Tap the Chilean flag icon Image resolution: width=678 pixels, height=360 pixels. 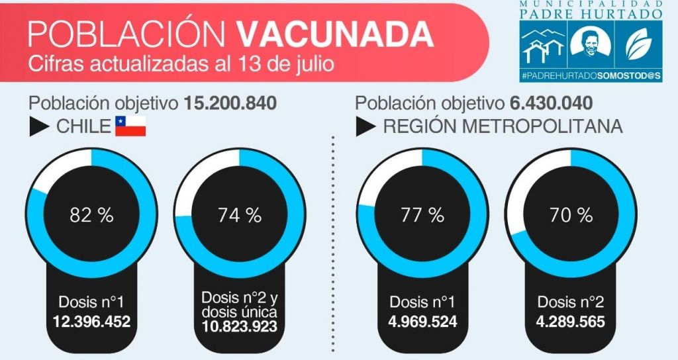pyautogui.click(x=130, y=126)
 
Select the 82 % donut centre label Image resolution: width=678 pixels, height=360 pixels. pyautogui.click(x=92, y=214)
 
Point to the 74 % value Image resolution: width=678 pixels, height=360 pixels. pyautogui.click(x=240, y=214)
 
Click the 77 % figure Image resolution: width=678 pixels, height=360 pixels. pyautogui.click(x=422, y=214)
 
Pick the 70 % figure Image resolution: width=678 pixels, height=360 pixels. pyautogui.click(x=571, y=214)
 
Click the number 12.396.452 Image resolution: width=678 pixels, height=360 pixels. pyautogui.click(x=92, y=322)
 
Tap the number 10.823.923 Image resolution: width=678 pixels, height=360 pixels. pyautogui.click(x=240, y=326)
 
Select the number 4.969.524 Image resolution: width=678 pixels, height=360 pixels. pyautogui.click(x=423, y=322)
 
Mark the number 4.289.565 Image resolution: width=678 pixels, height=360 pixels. pyautogui.click(x=571, y=322)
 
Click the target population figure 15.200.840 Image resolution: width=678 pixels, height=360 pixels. pyautogui.click(x=230, y=104)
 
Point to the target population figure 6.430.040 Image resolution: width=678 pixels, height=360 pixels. pyautogui.click(x=551, y=104)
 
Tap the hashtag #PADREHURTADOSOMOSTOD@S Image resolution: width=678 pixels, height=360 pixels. pyautogui.click(x=591, y=77)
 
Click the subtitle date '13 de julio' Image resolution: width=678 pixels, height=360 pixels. pyautogui.click(x=289, y=64)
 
